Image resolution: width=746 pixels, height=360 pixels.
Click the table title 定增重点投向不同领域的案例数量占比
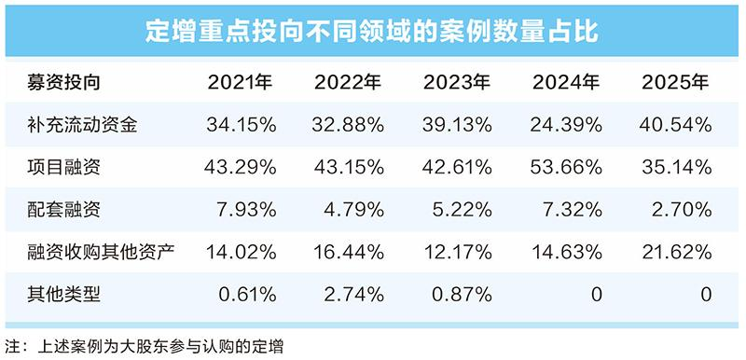point(372,32)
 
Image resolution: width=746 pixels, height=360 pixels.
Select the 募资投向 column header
point(64,83)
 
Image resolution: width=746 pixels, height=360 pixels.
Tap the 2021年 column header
point(241,83)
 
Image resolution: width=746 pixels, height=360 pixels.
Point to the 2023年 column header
point(457,83)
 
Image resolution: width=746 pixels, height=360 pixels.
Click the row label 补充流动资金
point(83,125)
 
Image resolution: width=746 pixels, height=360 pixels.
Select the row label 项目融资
point(64,167)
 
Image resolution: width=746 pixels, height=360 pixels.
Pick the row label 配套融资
point(64,210)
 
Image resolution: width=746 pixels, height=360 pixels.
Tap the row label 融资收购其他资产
point(101,252)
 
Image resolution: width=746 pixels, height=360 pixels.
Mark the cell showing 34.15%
point(242,125)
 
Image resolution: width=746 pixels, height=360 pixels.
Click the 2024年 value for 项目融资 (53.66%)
point(567,167)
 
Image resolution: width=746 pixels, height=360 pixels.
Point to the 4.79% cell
point(353,210)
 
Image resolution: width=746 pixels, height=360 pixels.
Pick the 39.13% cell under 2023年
point(457,125)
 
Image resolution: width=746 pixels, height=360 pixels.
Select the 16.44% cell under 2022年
point(348,252)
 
